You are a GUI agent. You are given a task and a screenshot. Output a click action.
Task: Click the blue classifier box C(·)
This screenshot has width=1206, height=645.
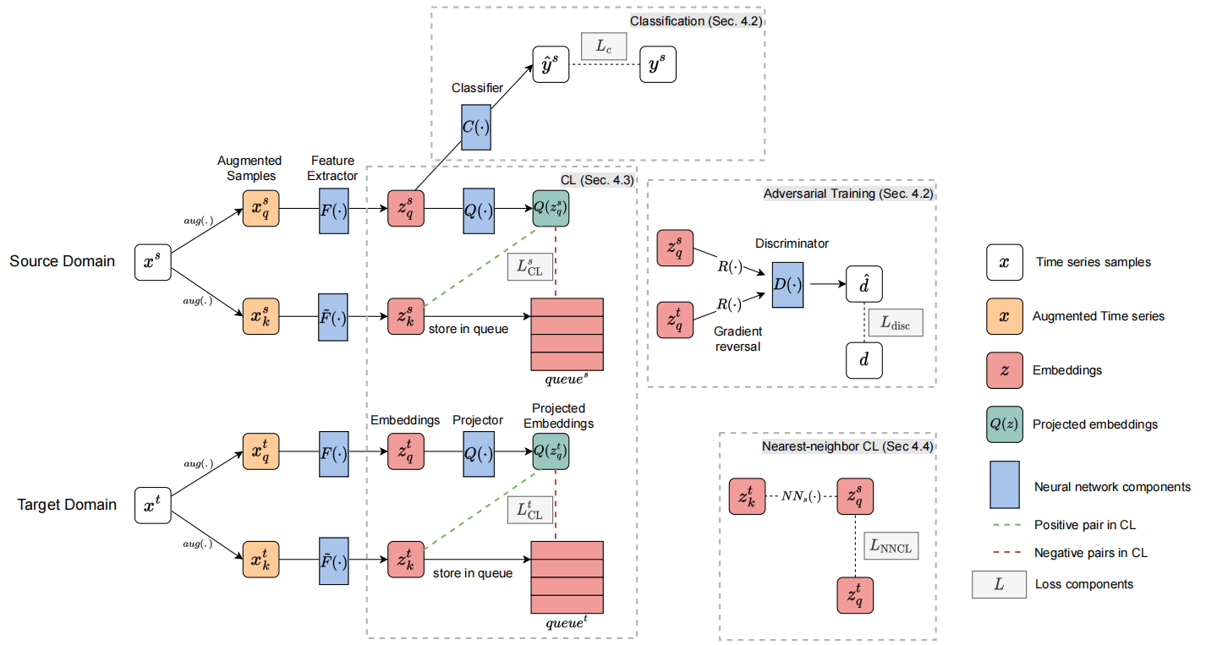(476, 128)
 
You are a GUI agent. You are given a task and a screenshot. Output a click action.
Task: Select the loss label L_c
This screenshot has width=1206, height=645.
(603, 47)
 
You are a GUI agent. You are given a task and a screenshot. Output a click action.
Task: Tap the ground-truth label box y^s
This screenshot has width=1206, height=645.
(658, 64)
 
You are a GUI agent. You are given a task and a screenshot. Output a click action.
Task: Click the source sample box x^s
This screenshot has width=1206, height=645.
(154, 263)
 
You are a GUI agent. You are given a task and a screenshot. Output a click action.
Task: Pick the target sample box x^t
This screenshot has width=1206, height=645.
(154, 506)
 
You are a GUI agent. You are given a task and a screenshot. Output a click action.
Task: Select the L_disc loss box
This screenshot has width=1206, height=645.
(894, 323)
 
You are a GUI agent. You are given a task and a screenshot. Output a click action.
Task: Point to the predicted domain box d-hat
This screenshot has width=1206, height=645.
(864, 285)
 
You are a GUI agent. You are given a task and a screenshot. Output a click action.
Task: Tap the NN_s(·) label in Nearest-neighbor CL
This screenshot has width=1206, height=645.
(801, 496)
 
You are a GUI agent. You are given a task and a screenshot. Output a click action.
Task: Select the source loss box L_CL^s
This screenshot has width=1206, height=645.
(529, 267)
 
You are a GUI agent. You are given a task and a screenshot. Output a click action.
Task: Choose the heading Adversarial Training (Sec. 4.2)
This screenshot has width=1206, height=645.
(847, 194)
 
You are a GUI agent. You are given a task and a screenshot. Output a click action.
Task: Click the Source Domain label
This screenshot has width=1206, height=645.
(63, 261)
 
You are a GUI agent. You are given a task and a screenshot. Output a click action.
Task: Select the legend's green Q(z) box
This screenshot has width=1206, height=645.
(1004, 424)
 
